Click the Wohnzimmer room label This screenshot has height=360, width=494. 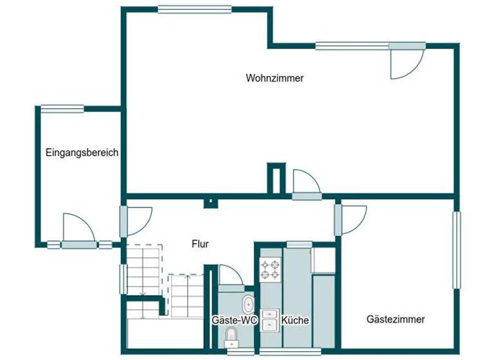(x=275, y=78)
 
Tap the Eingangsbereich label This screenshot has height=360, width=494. (x=82, y=153)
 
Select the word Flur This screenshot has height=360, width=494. (x=200, y=244)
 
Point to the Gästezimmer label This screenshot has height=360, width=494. (x=396, y=319)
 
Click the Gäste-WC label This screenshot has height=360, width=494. (x=235, y=320)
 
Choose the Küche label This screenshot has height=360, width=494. (x=295, y=320)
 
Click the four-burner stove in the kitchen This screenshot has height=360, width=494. (x=270, y=269)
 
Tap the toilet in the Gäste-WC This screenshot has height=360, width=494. (x=232, y=337)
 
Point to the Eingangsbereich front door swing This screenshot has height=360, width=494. (x=77, y=228)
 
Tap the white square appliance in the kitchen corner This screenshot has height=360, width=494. (x=322, y=260)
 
